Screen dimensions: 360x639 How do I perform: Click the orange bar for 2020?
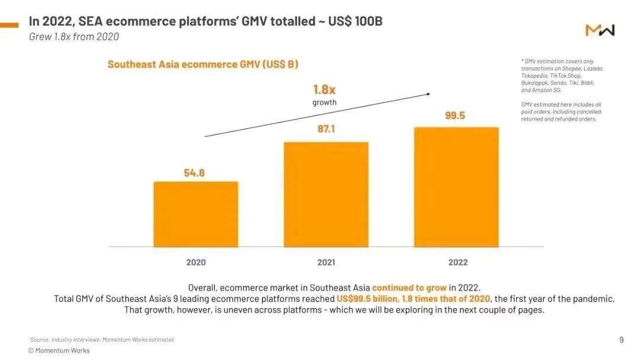196,214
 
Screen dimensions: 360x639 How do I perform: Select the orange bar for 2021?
326,194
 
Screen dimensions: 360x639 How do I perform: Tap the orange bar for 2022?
456,187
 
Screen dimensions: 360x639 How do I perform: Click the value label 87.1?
326,128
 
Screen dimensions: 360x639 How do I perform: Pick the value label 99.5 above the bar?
455,115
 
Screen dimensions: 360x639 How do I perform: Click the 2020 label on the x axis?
196,262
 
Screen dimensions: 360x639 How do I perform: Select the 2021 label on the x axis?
326,262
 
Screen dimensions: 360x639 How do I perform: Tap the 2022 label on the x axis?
457,262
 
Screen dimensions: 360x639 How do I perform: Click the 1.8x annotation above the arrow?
324,89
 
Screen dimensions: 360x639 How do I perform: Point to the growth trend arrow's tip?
430,93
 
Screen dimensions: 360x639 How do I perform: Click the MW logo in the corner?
600,30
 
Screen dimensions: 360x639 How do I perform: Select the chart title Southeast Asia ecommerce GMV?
203,64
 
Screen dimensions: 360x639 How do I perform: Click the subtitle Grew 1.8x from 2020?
74,37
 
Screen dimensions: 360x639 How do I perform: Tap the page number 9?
621,340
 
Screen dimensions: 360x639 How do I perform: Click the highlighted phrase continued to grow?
409,288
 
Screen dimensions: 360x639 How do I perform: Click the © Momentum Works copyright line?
59,351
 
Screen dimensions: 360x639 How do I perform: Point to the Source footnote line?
102,340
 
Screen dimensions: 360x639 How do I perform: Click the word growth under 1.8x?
324,102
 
